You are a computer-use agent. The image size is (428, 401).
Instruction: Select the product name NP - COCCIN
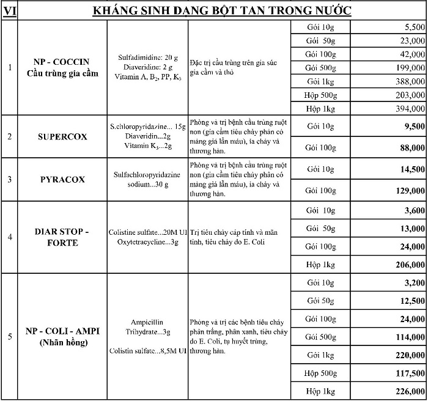(61, 62)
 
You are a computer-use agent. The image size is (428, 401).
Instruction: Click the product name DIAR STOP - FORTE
(61, 237)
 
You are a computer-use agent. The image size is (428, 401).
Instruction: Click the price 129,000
(408, 191)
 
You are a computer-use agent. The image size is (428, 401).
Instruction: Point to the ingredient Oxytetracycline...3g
(147, 243)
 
